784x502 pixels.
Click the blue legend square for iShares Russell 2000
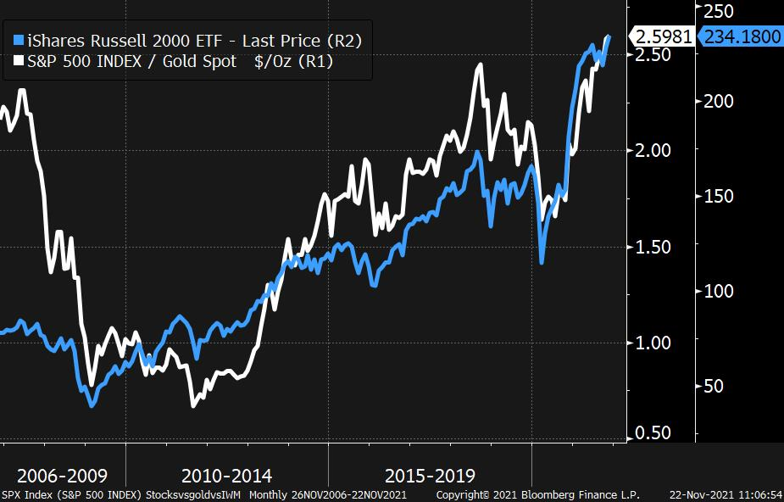tap(19, 40)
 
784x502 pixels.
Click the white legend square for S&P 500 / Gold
tap(19, 61)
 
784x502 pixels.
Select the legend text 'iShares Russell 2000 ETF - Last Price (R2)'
tap(194, 40)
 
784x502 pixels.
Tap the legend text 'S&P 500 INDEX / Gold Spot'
tap(132, 61)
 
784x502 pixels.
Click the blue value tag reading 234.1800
tap(741, 36)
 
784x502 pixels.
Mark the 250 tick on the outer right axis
tap(719, 11)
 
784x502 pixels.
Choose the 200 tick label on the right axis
tap(719, 102)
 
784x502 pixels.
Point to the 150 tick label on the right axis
tap(719, 196)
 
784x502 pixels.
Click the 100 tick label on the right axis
tap(719, 291)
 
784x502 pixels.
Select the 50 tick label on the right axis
tap(713, 386)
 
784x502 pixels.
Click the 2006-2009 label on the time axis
tap(63, 476)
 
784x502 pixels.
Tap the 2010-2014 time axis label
tap(226, 476)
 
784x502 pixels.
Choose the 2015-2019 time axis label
tap(430, 476)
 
